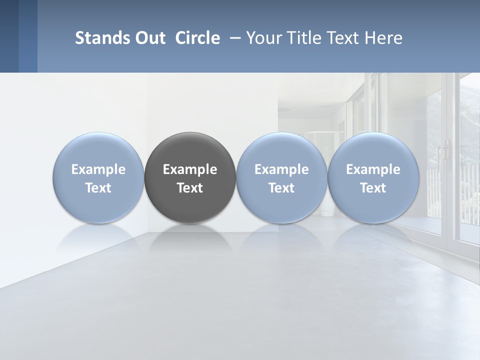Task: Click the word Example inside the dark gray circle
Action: pyautogui.click(x=190, y=169)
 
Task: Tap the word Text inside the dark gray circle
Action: pyautogui.click(x=190, y=188)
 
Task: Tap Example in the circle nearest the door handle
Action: pyautogui.click(x=373, y=169)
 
